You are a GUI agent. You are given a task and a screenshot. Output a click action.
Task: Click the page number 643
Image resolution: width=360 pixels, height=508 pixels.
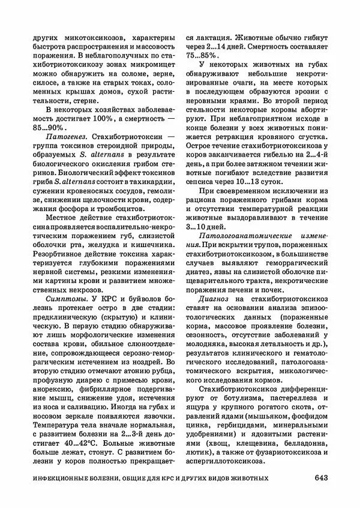[x=320, y=478]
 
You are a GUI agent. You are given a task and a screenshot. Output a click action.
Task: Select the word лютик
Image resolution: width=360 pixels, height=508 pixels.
[x=199, y=452]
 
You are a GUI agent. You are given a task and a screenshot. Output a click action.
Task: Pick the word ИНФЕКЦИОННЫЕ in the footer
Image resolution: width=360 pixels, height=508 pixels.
[x=64, y=478]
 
